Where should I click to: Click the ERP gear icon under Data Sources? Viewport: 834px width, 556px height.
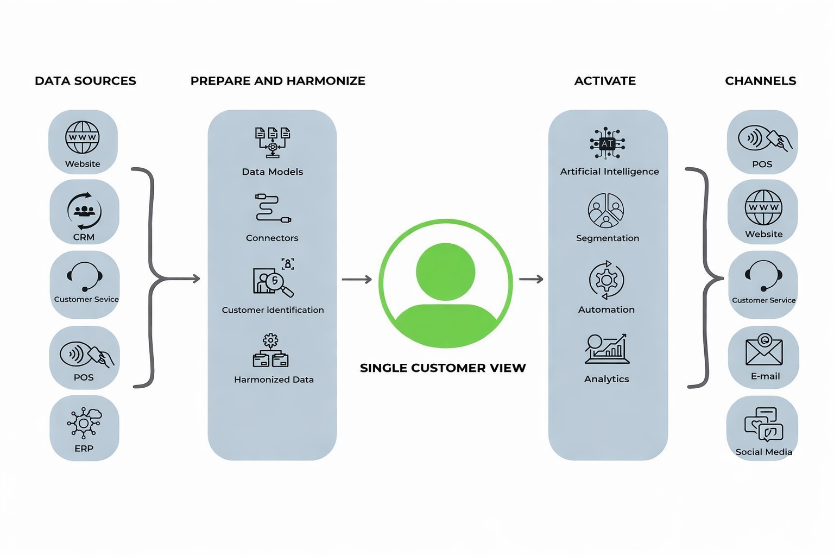(84, 422)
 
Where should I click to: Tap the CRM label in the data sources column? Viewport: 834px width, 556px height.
(84, 237)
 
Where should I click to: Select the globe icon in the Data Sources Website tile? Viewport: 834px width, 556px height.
(83, 137)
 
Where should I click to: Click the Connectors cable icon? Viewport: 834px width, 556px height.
(273, 208)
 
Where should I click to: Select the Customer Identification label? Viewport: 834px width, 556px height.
(273, 310)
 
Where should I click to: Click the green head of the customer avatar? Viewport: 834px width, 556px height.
(445, 271)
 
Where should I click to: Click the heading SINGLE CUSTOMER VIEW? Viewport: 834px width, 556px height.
(443, 368)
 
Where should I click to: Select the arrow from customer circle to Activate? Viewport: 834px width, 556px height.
(531, 279)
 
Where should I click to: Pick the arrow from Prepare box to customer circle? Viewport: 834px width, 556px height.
(357, 280)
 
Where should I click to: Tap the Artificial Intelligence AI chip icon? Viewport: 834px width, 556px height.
(607, 144)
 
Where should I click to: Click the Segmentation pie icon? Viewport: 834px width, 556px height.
(606, 210)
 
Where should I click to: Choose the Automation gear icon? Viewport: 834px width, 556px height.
(606, 280)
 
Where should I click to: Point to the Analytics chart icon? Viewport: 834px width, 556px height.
(606, 349)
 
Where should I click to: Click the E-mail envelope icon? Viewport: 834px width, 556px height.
(764, 350)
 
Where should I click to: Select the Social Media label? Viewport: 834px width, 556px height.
(763, 452)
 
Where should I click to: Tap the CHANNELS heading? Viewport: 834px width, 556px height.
(760, 81)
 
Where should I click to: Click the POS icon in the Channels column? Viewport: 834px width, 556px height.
(764, 139)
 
